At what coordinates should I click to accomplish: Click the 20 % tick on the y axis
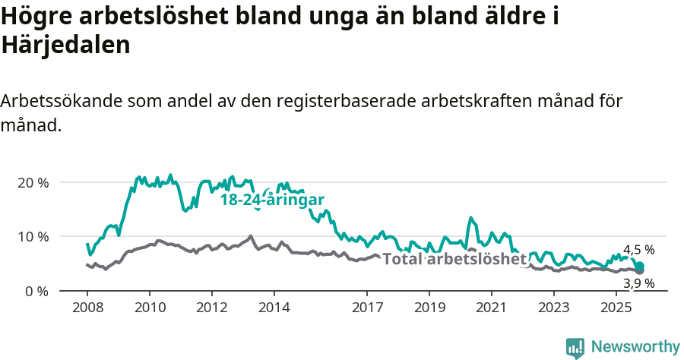(x=33, y=182)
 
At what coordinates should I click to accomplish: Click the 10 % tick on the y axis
(x=33, y=236)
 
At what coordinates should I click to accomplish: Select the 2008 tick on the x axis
(x=87, y=308)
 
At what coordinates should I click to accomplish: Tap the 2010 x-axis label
(x=149, y=308)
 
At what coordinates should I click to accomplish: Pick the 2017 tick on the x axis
(x=367, y=308)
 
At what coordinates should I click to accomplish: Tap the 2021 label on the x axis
(x=491, y=308)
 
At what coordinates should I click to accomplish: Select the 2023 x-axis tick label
(x=553, y=308)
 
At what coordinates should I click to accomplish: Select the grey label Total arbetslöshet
(x=454, y=259)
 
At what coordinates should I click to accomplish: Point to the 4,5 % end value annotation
(x=638, y=250)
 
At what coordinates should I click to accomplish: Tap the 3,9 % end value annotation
(x=638, y=283)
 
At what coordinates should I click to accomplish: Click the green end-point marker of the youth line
(x=640, y=267)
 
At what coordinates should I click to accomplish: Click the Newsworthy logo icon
(x=575, y=347)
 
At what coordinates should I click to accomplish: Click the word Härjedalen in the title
(x=66, y=45)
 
